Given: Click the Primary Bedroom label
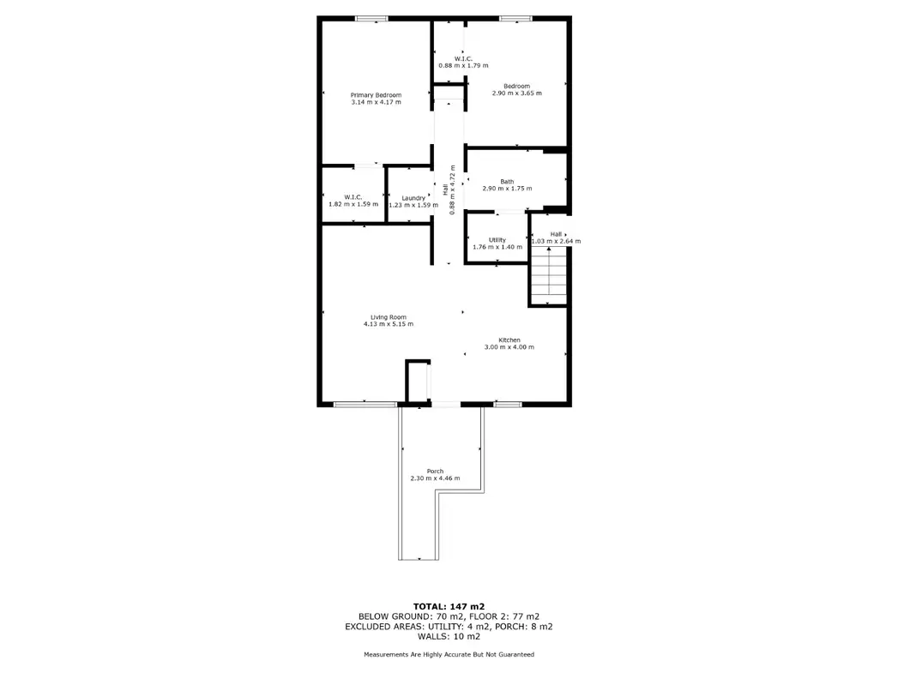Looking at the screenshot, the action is click(376, 95).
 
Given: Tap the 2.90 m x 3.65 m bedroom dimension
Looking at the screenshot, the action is click(516, 93).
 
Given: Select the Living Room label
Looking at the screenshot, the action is click(389, 317).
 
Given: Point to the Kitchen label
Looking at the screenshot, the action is click(509, 340).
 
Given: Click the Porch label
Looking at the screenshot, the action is click(435, 471).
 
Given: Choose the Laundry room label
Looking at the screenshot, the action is click(413, 198).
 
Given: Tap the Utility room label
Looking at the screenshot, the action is click(497, 240).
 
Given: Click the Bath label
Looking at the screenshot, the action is click(507, 182).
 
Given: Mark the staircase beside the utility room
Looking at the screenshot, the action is click(549, 276).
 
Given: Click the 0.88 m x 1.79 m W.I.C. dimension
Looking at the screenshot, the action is click(463, 65).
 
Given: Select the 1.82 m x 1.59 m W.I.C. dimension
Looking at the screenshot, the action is click(353, 204).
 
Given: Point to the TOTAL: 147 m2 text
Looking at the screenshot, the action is click(449, 607).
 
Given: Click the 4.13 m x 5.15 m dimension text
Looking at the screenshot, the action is click(389, 324).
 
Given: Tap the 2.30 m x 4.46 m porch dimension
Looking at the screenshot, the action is click(435, 478).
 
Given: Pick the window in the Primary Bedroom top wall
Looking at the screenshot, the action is click(371, 19).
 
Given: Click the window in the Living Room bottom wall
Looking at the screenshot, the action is click(365, 405).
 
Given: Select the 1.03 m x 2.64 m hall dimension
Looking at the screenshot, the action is click(556, 242).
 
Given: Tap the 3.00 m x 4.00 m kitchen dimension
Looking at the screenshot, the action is click(509, 347).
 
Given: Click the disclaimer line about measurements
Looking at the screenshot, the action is click(449, 654).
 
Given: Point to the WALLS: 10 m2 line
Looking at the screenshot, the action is click(449, 636).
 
